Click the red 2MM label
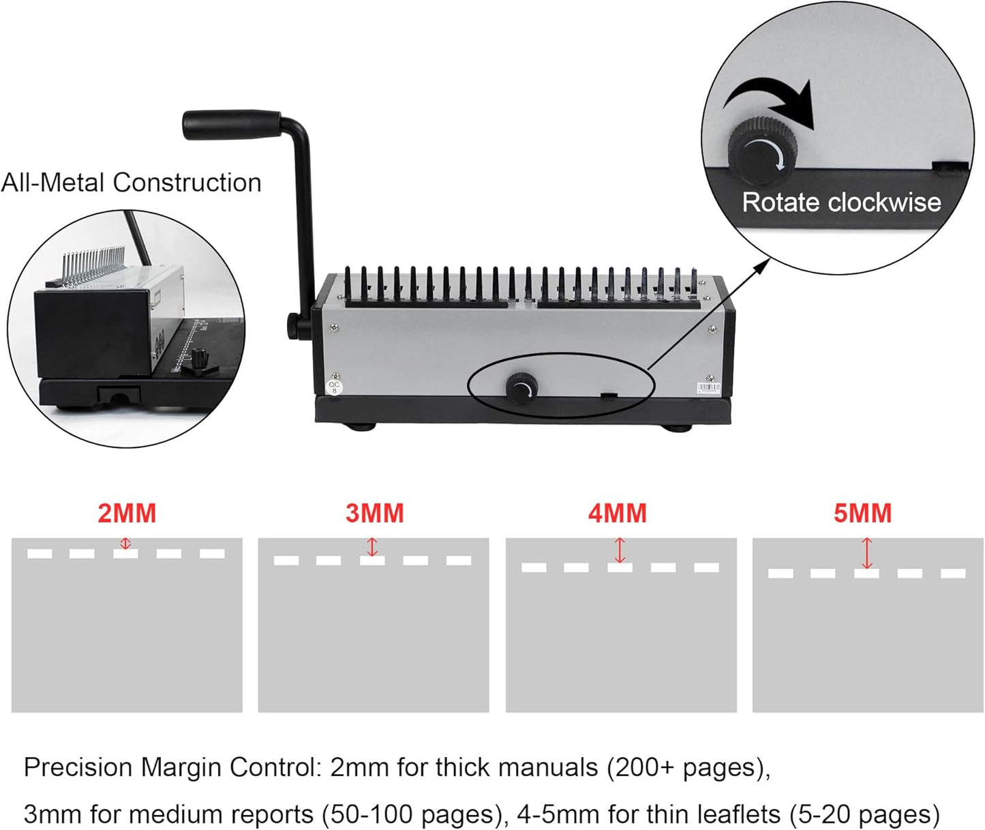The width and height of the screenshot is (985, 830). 127,514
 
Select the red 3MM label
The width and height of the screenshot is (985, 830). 374,514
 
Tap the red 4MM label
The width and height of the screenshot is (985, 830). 618,514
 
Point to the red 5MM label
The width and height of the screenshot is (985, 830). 862,514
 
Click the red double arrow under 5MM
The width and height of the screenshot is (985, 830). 866,553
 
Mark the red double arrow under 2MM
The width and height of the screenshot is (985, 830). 125,544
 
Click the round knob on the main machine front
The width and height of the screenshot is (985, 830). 521,389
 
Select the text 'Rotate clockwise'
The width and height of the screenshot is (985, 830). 841,203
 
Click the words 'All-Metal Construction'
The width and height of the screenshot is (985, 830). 131,183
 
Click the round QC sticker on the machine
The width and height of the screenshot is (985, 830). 334,387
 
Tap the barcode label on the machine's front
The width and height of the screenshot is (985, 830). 708,389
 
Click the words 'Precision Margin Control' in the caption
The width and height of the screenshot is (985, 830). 170,768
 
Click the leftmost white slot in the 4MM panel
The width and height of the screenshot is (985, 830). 533,567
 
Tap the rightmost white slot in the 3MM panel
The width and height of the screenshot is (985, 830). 459,561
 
